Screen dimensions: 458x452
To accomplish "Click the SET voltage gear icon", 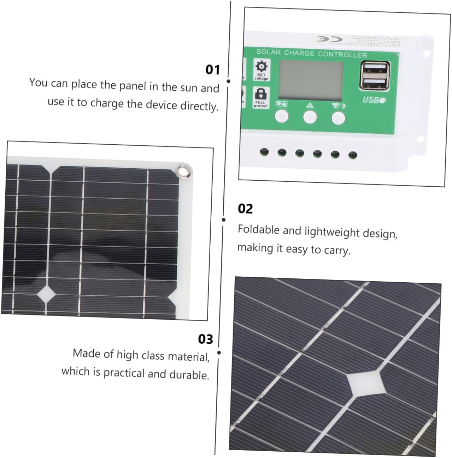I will [x=262, y=67].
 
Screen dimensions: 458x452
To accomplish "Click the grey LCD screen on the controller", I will [x=311, y=80].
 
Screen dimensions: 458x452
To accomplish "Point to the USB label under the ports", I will [x=374, y=100].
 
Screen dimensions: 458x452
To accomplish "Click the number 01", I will [x=213, y=70].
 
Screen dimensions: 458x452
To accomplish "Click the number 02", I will [x=245, y=209].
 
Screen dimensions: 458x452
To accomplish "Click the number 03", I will [x=206, y=339].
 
